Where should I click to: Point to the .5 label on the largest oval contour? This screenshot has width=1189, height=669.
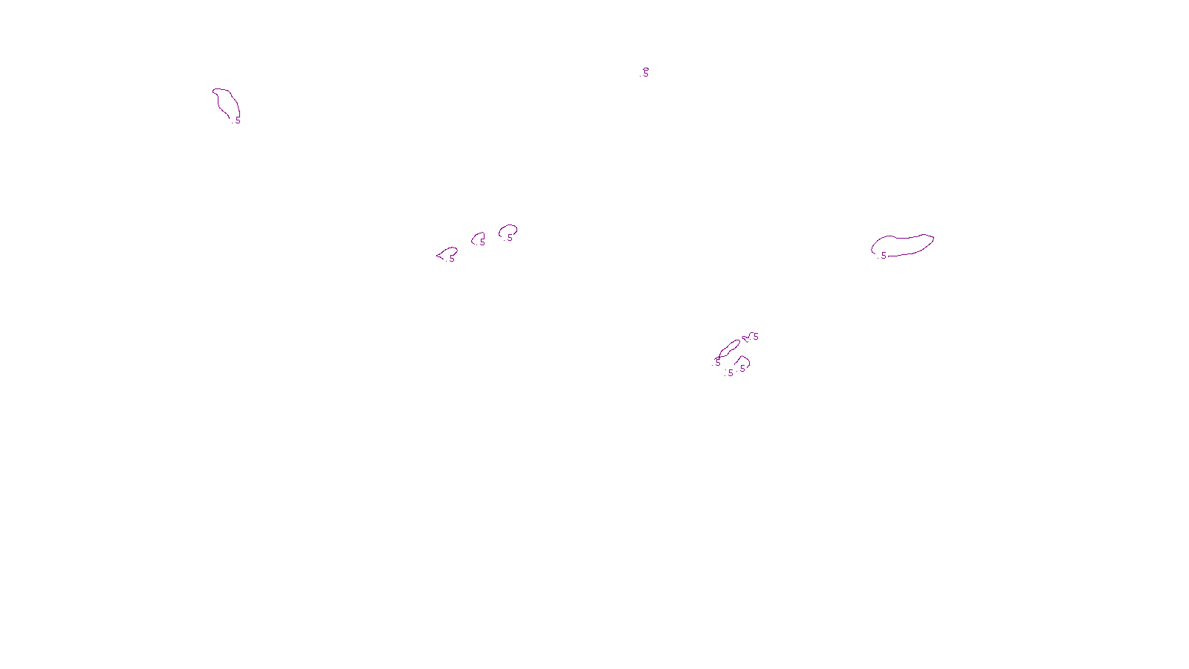[883, 255]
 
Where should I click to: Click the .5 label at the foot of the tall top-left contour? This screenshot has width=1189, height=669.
[237, 119]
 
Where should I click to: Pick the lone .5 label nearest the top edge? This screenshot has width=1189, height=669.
[646, 73]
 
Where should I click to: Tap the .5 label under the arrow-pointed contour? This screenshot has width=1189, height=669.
[451, 259]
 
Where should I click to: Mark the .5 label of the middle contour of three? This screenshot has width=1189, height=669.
[482, 242]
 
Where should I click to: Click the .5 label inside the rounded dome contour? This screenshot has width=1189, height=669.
[509, 237]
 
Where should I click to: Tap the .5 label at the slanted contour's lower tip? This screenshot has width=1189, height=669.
[717, 362]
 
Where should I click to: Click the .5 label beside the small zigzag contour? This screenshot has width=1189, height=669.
[755, 337]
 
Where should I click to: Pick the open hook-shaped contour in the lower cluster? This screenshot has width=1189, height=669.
[745, 361]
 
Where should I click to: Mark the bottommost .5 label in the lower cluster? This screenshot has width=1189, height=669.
[730, 373]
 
